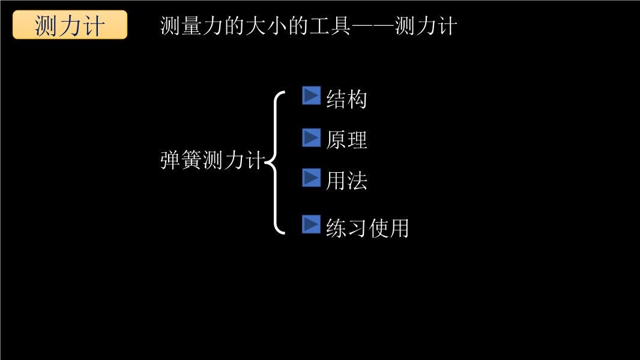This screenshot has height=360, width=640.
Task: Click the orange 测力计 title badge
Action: (70, 25)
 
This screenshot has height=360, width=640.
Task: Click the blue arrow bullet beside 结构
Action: (311, 95)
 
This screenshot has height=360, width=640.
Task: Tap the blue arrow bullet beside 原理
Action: (311, 137)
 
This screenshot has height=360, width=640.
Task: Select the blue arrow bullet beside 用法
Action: (311, 178)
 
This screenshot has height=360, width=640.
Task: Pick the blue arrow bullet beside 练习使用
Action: (311, 224)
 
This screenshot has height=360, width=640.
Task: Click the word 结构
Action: (346, 99)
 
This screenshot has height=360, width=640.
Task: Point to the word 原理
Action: (346, 140)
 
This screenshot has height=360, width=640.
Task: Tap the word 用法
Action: (346, 181)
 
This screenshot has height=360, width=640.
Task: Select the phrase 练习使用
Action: (367, 228)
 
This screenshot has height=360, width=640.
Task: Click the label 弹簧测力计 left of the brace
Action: (213, 160)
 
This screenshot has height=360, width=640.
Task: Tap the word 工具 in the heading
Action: (330, 26)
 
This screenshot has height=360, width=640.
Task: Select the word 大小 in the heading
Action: (266, 26)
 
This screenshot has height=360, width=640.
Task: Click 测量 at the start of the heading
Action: (181, 26)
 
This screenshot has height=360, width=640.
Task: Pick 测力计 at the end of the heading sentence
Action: (426, 26)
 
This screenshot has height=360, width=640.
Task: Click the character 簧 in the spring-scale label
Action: (192, 160)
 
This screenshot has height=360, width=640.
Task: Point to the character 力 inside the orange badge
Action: (70, 25)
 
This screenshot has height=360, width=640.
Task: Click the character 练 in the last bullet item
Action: (336, 228)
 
